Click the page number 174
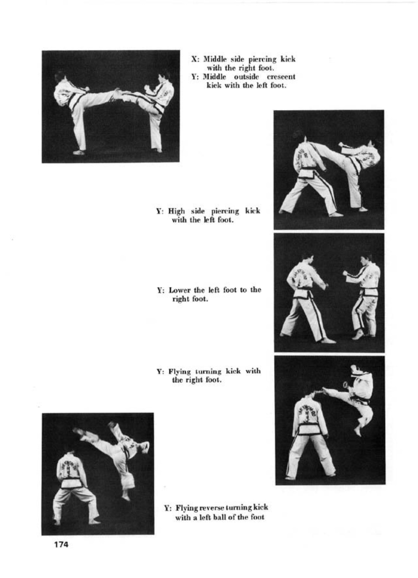click(61, 544)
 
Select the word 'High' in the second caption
click(177, 211)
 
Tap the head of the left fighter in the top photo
click(60, 76)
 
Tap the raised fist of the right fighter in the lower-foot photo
click(346, 273)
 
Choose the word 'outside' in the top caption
click(246, 77)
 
